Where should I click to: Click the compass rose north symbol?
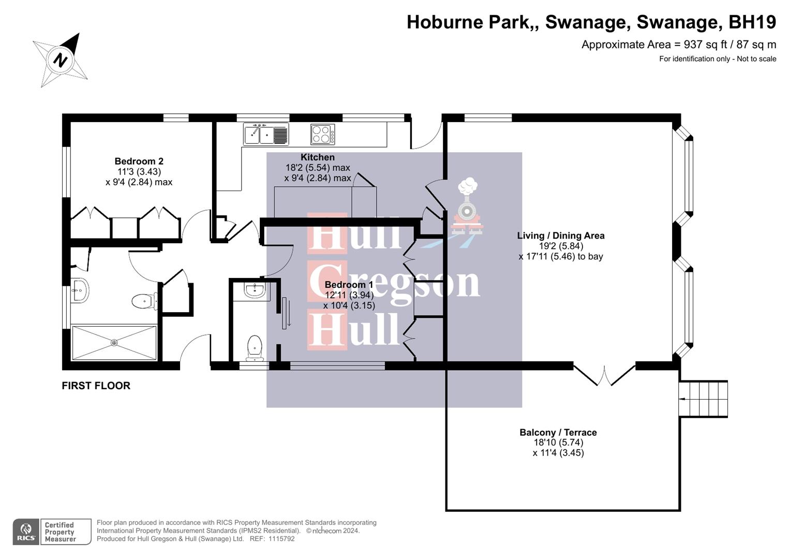(61, 60)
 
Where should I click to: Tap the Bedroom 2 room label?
(139, 161)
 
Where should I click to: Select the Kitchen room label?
(318, 157)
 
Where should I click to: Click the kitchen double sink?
(265, 135)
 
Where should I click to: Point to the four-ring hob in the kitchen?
(322, 135)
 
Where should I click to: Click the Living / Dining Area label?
(561, 236)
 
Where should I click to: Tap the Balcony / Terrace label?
(558, 433)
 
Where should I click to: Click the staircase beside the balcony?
(703, 399)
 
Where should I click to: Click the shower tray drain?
(114, 343)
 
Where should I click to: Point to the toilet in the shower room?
(144, 301)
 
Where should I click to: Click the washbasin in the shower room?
(80, 290)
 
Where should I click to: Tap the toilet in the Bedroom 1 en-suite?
(254, 347)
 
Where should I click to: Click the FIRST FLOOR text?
(96, 386)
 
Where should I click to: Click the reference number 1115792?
(279, 539)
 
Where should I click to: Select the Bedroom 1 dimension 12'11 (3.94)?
(349, 295)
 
